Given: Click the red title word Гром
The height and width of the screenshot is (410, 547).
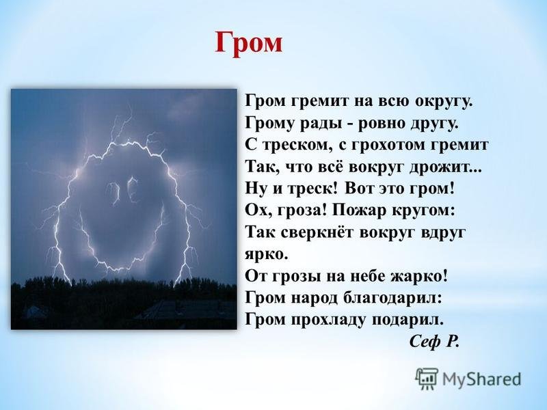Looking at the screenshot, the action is (248, 43).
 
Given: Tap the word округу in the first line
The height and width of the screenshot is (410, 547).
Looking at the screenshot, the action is (443, 101).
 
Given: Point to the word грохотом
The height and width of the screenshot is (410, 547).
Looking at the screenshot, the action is (385, 145).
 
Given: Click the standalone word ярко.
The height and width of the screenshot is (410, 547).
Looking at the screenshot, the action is (267, 255).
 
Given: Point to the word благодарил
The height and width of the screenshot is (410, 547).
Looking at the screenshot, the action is (392, 298).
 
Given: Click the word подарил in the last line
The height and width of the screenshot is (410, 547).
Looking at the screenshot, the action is (407, 320).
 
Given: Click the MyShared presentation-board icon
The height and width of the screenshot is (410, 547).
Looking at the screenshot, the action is (427, 379).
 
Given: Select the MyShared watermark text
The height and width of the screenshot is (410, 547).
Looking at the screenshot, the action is (482, 379).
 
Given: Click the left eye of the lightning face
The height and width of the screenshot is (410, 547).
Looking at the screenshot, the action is (113, 192).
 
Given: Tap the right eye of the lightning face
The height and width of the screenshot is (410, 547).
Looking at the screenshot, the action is (131, 190).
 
